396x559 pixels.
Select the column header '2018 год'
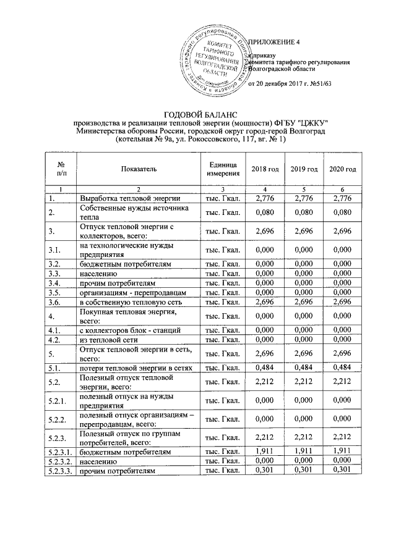point(265,169)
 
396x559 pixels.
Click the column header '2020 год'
point(342,169)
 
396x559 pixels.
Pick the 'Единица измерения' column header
point(223,169)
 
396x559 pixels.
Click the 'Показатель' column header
point(139,169)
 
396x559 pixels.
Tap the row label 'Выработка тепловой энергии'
point(129,198)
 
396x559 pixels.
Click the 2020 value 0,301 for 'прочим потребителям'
point(342,472)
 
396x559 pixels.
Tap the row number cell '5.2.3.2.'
point(60,461)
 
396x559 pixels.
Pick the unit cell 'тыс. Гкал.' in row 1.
point(223,198)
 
